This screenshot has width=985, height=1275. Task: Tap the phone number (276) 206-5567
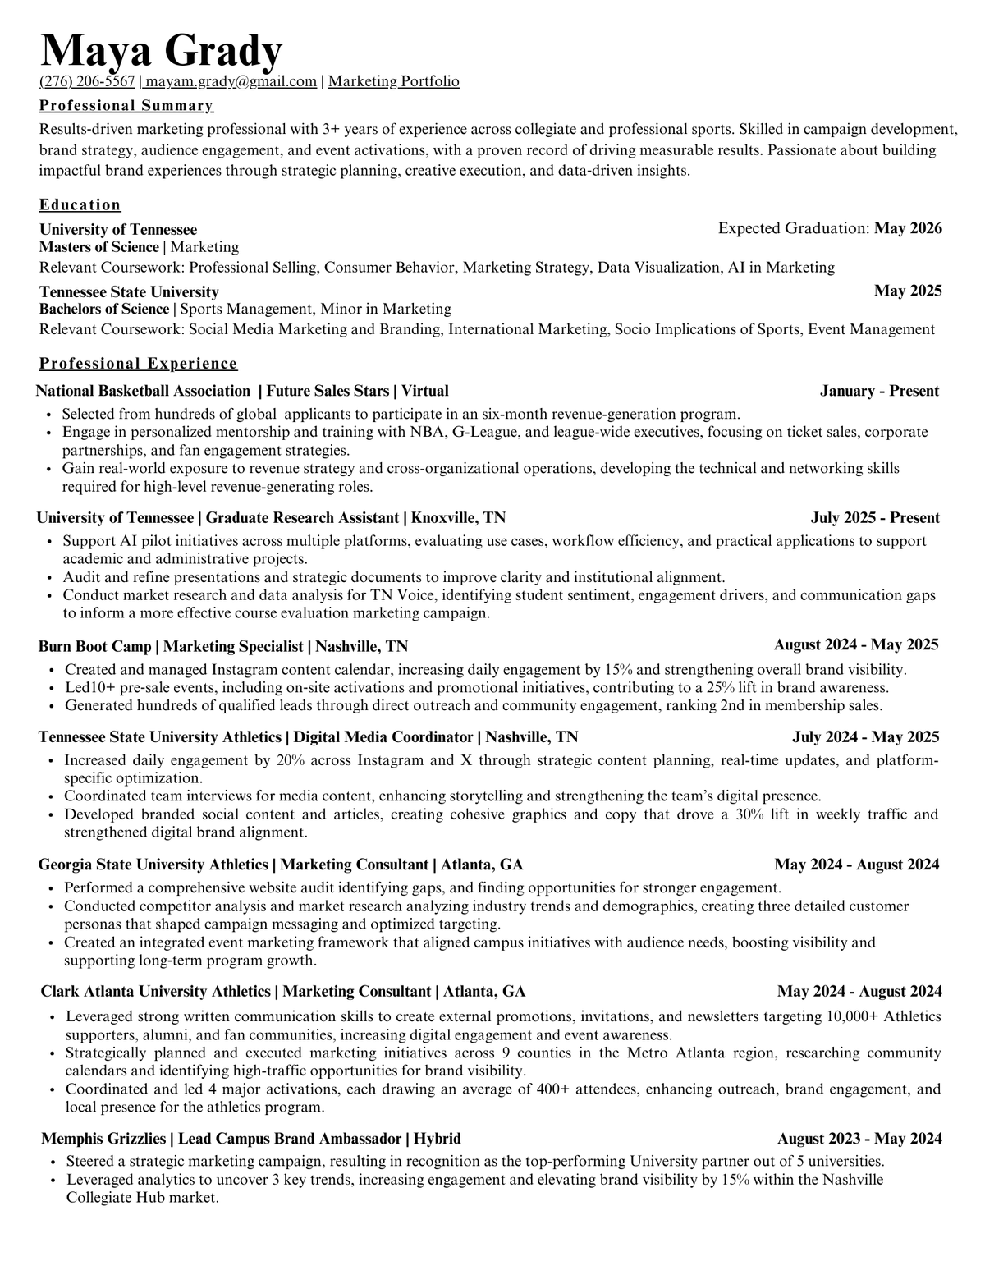click(87, 81)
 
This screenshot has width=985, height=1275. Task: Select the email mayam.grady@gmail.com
click(231, 81)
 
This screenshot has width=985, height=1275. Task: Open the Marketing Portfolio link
click(393, 81)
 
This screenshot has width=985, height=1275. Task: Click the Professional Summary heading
click(126, 105)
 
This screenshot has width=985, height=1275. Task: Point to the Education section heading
click(80, 204)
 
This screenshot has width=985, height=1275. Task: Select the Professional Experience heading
click(138, 363)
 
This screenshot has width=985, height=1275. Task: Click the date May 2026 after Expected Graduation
click(908, 228)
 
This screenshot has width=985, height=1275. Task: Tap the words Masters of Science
click(99, 247)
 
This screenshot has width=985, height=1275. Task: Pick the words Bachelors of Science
click(104, 309)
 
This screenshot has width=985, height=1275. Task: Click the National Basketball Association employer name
click(143, 391)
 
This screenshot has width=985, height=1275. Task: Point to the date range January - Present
click(879, 391)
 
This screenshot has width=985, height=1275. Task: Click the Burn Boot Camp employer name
click(94, 646)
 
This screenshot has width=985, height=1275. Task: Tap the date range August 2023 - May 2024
click(859, 1139)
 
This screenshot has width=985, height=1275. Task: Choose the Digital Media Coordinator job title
click(383, 737)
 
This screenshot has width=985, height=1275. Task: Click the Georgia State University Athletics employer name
click(153, 865)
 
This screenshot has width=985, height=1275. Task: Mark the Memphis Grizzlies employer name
click(104, 1139)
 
